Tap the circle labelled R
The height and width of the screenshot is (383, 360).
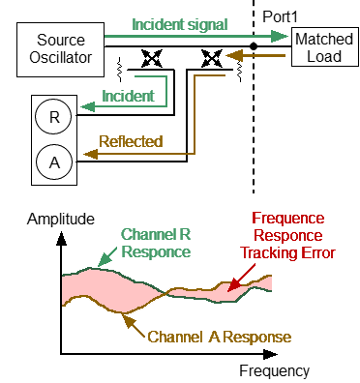point(53,116)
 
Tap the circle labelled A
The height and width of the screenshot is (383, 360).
point(53,158)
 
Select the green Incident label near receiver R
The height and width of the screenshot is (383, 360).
point(126,97)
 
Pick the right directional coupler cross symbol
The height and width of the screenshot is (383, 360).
point(210,60)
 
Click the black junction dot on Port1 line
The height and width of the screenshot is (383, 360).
point(253,44)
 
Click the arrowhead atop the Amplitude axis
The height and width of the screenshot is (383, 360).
point(62,235)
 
